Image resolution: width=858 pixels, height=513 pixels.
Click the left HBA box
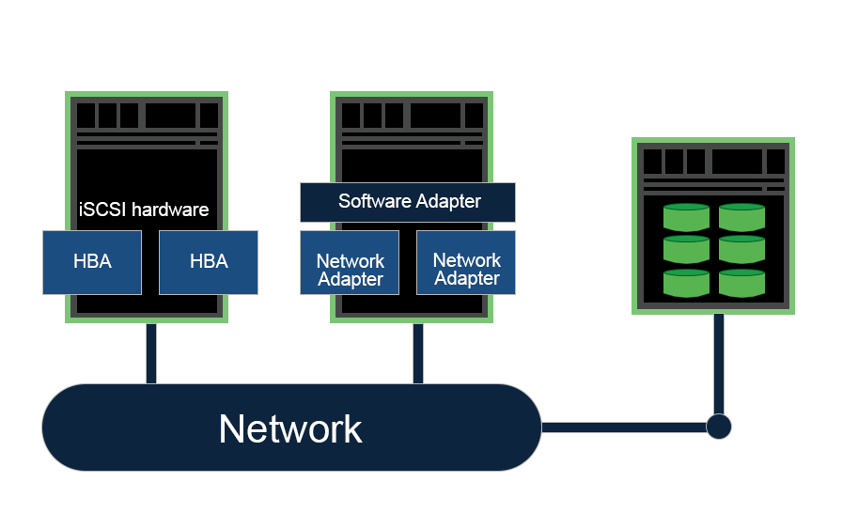click(x=92, y=262)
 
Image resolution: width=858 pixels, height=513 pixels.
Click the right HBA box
click(x=209, y=262)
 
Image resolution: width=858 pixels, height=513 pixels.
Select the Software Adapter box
click(x=408, y=202)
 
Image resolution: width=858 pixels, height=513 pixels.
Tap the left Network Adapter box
click(x=350, y=270)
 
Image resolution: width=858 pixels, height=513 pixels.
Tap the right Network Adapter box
click(x=466, y=270)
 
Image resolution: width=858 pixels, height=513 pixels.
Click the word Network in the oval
click(x=290, y=428)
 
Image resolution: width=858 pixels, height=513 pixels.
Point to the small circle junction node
click(x=718, y=427)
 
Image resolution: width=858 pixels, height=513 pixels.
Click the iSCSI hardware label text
click(x=144, y=210)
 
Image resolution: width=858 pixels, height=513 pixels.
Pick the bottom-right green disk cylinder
click(x=742, y=283)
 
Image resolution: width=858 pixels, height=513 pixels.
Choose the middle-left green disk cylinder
click(x=686, y=250)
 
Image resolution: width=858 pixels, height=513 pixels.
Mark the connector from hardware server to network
click(x=150, y=353)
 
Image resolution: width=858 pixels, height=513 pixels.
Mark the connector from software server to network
click(x=417, y=353)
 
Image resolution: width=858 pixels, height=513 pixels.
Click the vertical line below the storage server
click(x=718, y=362)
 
